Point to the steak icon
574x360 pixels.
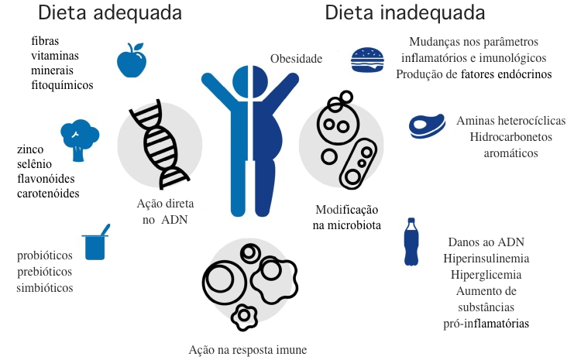click(424, 125)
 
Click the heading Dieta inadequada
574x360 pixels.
click(404, 13)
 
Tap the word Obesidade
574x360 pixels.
click(296, 59)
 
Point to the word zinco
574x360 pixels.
click(31, 147)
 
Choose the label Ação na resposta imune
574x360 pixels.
click(248, 350)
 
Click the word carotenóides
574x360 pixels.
click(48, 193)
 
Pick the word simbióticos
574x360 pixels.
click(46, 287)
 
